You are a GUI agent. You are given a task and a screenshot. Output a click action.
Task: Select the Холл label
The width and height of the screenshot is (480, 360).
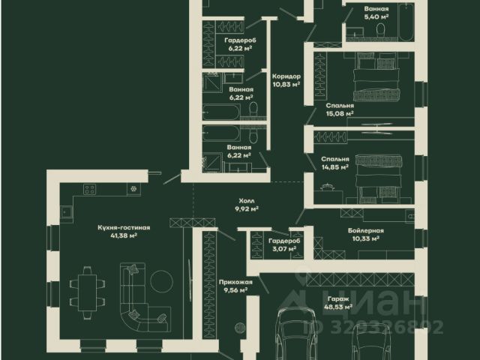tap(247, 201)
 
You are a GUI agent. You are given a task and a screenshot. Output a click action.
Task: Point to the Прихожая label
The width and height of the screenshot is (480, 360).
tap(233, 281)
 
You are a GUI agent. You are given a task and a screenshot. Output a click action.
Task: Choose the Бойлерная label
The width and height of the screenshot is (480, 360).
tap(366, 230)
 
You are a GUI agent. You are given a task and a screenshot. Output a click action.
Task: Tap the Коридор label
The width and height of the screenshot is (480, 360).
tap(286, 76)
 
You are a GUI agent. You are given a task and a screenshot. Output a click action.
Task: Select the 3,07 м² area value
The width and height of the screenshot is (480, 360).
tap(280, 250)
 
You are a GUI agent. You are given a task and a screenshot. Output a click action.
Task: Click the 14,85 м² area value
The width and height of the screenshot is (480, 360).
tap(334, 168)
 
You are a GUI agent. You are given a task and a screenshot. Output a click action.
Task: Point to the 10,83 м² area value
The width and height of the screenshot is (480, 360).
tap(286, 85)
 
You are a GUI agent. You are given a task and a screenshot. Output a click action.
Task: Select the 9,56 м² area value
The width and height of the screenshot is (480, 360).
tap(233, 290)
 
